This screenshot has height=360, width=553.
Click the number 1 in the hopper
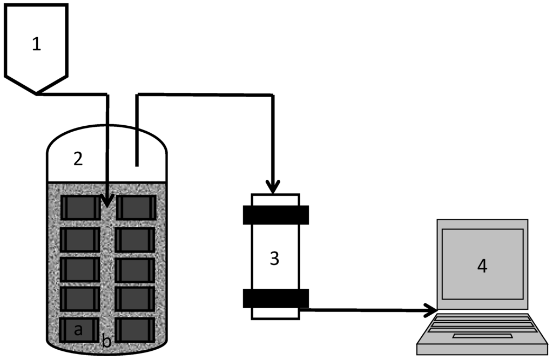36,44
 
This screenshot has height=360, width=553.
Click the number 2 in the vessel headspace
78,158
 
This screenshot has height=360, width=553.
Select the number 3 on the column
274,259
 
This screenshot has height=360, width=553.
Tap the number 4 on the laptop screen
482,266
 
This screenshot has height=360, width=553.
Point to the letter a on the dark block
78,330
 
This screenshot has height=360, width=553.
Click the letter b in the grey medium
107,341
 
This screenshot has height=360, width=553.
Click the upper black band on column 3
275,214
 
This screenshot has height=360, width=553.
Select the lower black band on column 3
275,298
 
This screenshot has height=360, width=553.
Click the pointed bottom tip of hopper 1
36,93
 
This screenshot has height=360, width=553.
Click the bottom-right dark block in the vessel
136,329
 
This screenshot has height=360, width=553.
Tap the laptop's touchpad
482,336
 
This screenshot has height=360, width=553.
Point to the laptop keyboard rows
482,324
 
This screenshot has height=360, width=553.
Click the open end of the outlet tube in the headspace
137,164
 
